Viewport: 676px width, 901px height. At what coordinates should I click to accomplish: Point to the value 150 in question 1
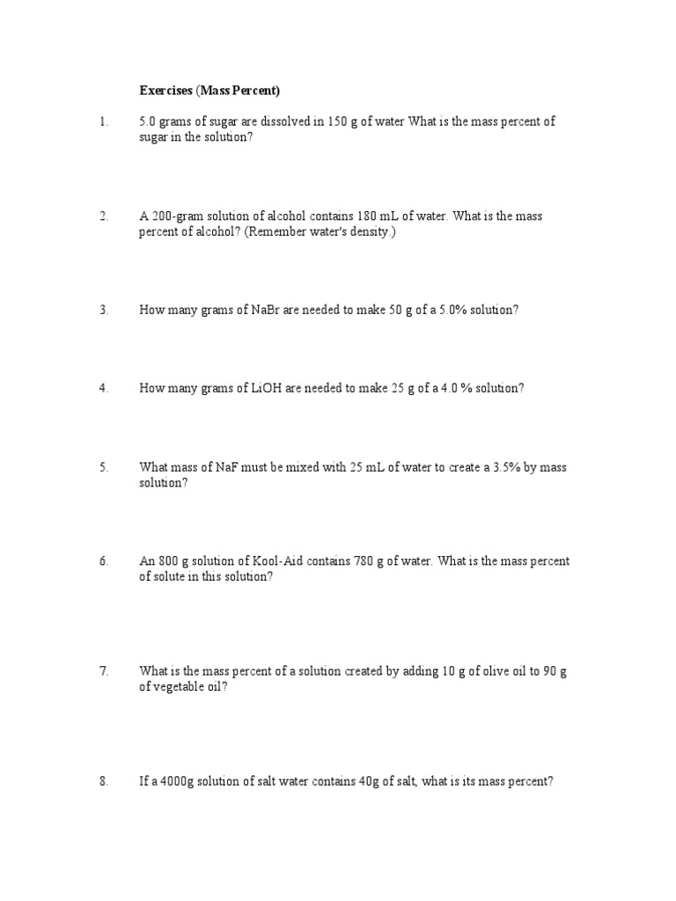339,122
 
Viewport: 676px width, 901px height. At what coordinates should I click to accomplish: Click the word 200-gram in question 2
175,216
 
